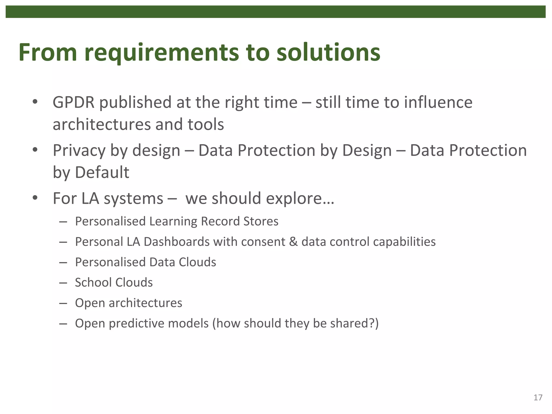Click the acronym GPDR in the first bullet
(x=74, y=103)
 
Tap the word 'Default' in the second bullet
(x=102, y=172)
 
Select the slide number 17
(x=538, y=398)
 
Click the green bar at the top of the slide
(x=275, y=12)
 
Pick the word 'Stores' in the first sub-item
(x=261, y=222)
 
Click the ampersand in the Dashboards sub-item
(x=293, y=242)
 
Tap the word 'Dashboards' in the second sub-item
(x=177, y=242)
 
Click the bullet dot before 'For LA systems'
(x=35, y=198)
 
